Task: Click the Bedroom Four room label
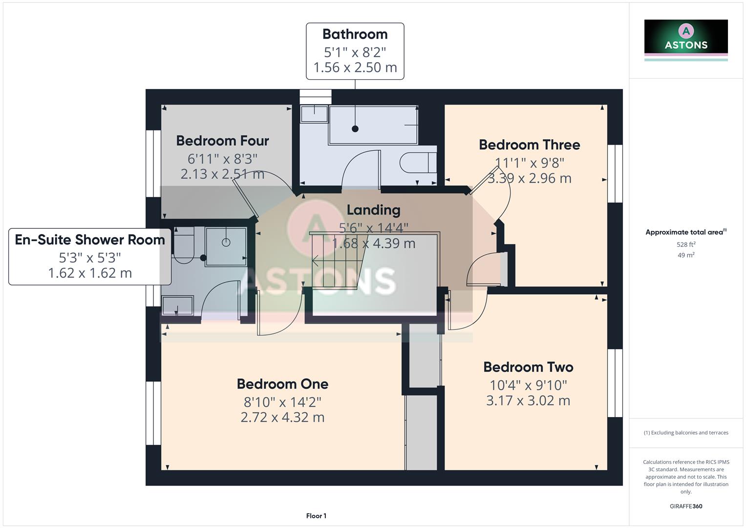tap(222, 141)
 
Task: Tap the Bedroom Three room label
tap(529, 145)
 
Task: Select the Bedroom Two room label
tap(528, 367)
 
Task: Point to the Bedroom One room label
tap(282, 384)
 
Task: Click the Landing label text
tap(373, 210)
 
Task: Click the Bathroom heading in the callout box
tap(355, 34)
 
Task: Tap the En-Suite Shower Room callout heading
tap(90, 240)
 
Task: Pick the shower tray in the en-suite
tap(226, 246)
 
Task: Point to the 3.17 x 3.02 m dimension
tap(528, 401)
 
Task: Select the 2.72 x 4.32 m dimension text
tap(282, 418)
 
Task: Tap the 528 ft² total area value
tap(686, 244)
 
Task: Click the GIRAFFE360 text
tap(686, 506)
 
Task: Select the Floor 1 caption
tap(316, 516)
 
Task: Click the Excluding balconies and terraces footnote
tap(686, 433)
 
